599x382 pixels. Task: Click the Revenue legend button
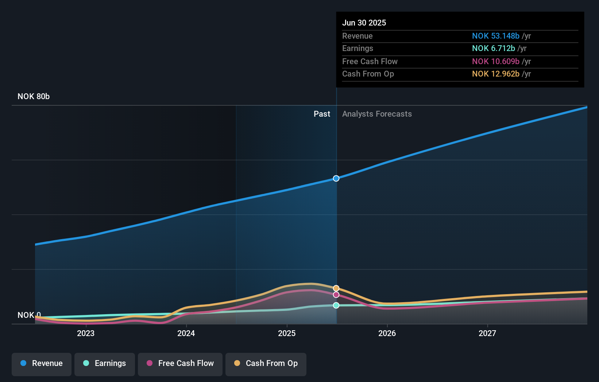pyautogui.click(x=42, y=363)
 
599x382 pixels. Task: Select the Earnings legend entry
pyautogui.click(x=105, y=363)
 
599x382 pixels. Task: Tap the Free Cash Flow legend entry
pyautogui.click(x=180, y=363)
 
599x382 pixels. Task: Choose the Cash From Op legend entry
pyautogui.click(x=266, y=363)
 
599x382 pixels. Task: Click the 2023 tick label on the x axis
pyautogui.click(x=86, y=333)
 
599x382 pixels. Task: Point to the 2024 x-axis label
pyautogui.click(x=186, y=333)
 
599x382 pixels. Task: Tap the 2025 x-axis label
pyautogui.click(x=287, y=333)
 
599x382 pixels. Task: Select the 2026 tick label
pyautogui.click(x=387, y=333)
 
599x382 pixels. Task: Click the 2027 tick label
pyautogui.click(x=487, y=333)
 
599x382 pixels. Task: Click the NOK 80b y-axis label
pyautogui.click(x=34, y=96)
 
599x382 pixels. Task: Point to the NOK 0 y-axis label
pyautogui.click(x=29, y=315)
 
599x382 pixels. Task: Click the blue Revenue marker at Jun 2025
pyautogui.click(x=336, y=178)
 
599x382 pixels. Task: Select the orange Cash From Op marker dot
pyautogui.click(x=336, y=288)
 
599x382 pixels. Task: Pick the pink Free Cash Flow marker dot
pyautogui.click(x=336, y=295)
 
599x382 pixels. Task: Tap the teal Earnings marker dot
pyautogui.click(x=336, y=305)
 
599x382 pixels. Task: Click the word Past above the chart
pyautogui.click(x=322, y=114)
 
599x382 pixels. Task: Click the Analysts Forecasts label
pyautogui.click(x=377, y=114)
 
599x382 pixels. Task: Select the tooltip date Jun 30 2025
pyautogui.click(x=364, y=23)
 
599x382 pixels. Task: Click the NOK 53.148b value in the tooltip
pyautogui.click(x=495, y=36)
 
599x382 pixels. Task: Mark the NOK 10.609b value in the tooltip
pyautogui.click(x=495, y=61)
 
